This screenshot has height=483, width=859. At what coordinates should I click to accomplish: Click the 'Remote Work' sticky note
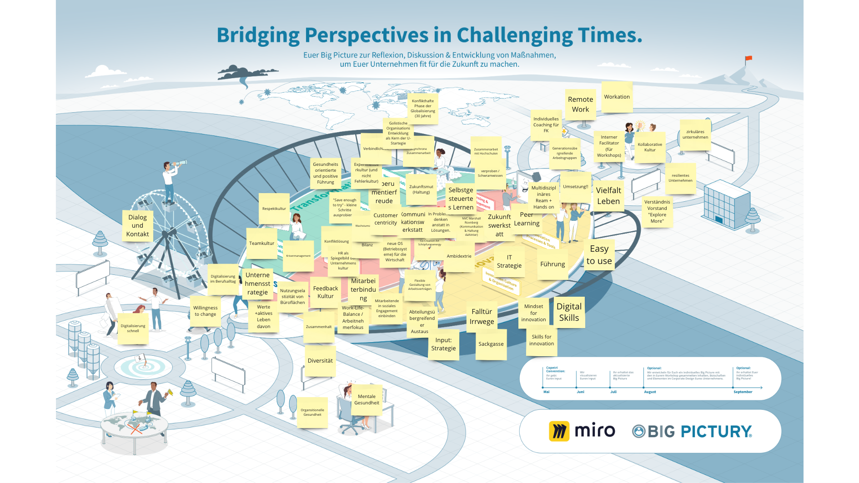coord(580,105)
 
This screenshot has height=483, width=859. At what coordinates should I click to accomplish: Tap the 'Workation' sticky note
coord(617,97)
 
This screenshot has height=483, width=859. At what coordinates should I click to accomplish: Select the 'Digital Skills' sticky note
coord(569,312)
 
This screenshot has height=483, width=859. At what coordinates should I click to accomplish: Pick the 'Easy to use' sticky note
coord(599,255)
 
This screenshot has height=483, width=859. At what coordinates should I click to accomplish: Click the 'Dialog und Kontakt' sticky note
coord(137,225)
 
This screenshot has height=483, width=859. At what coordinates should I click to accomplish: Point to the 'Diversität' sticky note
coord(320,361)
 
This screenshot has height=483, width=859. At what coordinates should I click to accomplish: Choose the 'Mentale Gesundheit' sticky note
coord(367,400)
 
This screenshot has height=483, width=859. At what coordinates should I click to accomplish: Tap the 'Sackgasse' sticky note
coord(491,344)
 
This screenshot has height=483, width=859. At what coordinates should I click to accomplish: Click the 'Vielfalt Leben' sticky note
coord(608,196)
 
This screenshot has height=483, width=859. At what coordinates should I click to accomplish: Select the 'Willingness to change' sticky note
coord(206,311)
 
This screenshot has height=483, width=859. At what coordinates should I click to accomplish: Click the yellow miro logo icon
coord(559,431)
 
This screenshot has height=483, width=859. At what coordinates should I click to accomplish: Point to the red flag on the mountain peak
coord(748,59)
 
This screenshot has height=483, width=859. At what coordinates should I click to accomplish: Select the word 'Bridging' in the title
coord(258,35)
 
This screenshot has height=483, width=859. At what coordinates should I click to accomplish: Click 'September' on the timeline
coord(743,392)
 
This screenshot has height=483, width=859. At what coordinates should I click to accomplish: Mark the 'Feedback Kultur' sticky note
coord(326,292)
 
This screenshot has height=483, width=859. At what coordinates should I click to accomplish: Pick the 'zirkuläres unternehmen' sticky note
coord(695,134)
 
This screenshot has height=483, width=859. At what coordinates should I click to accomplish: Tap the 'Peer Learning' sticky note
coord(527,219)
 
